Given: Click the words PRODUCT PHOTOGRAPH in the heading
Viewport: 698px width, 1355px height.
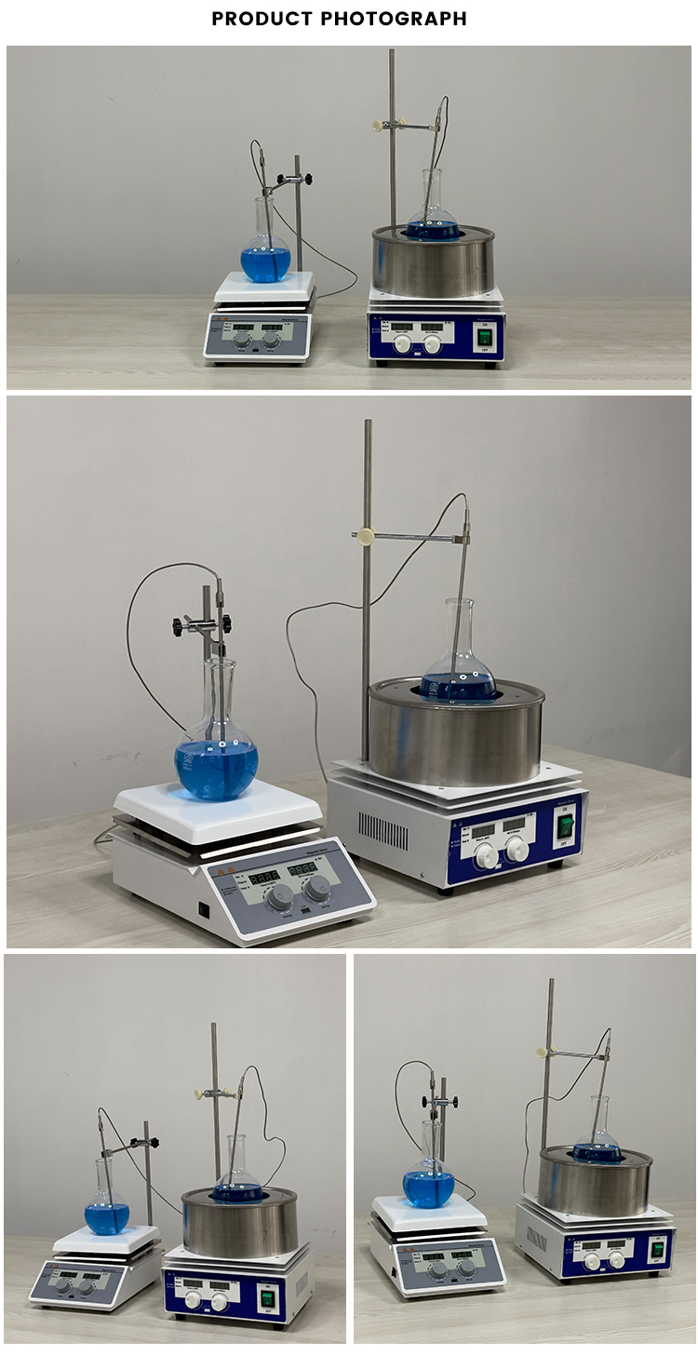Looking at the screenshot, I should click(340, 19).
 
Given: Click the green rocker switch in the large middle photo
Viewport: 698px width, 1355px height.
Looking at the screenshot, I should click(564, 825).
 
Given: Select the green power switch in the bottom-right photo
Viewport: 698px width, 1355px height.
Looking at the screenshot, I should click(659, 1249).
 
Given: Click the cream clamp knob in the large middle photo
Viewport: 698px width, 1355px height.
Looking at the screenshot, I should click(365, 535).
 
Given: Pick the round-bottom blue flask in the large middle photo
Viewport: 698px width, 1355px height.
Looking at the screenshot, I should click(216, 767).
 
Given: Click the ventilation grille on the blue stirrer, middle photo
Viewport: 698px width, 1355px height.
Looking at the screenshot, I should click(383, 830).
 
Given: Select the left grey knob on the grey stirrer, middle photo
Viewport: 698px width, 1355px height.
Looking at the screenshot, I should click(278, 898).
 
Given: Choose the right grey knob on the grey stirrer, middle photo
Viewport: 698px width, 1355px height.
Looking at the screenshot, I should click(316, 887).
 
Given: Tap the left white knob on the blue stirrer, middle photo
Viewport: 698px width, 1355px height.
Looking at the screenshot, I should click(486, 856).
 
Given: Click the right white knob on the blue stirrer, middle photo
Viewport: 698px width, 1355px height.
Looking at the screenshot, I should click(517, 849).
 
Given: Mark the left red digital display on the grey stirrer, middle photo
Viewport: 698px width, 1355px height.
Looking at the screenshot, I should click(264, 878).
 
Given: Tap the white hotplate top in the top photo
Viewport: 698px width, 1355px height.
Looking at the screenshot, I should click(264, 287).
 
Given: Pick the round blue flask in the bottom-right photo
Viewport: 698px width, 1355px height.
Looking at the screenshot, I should click(428, 1187).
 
